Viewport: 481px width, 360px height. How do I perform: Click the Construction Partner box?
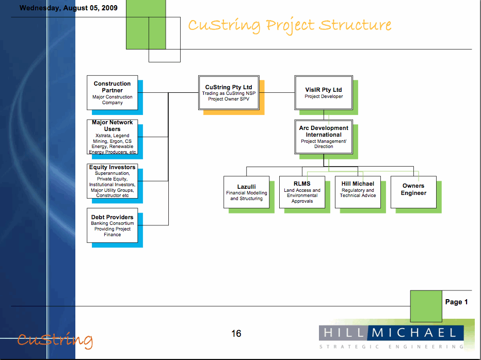113,93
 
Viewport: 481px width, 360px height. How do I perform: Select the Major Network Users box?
113,137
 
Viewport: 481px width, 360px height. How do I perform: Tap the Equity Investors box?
113,181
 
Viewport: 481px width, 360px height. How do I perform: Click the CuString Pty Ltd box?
229,93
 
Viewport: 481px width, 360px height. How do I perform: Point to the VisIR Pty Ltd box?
324,93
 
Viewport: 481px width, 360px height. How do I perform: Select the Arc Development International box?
324,137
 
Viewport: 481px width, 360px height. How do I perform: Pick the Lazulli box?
246,192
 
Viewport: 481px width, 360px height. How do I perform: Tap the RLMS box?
302,192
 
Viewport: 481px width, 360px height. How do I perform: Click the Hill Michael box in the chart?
358,192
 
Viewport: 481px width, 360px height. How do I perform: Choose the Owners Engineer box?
413,192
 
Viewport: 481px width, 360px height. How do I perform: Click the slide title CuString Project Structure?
290,25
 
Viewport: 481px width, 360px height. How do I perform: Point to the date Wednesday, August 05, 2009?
68,8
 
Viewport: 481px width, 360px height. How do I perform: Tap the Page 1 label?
456,302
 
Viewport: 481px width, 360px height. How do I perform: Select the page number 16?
236,334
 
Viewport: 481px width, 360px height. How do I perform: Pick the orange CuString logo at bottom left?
55,340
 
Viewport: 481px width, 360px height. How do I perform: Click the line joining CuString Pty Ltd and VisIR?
277,93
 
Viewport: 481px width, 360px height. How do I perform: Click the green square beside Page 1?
426,305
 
